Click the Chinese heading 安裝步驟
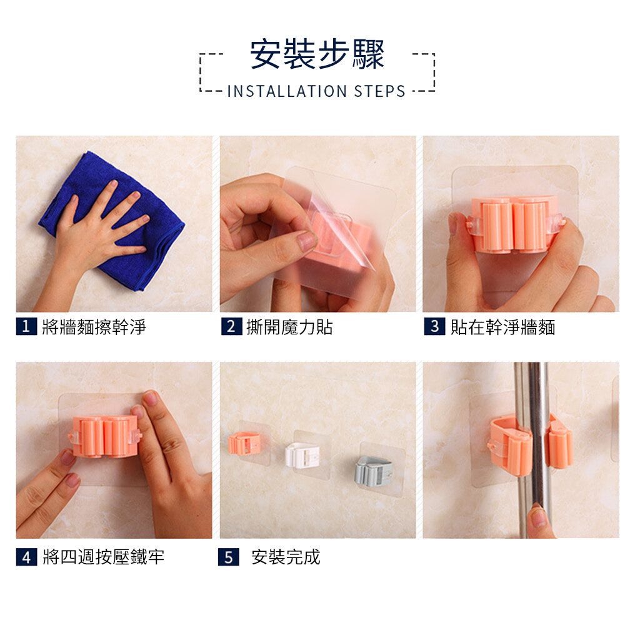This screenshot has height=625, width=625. click(317, 54)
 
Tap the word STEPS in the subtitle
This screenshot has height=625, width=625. click(379, 91)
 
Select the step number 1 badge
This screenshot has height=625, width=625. click(26, 326)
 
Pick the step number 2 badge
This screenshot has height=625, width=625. click(232, 326)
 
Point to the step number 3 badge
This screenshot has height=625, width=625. click(434, 326)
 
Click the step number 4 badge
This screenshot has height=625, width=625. click(27, 557)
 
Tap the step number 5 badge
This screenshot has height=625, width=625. click(228, 557)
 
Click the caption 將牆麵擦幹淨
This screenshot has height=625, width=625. click(94, 327)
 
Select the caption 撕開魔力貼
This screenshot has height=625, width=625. click(289, 327)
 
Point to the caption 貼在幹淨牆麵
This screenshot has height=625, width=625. click(502, 327)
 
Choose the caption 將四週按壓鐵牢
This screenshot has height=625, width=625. click(103, 557)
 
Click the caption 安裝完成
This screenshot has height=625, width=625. click(286, 557)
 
